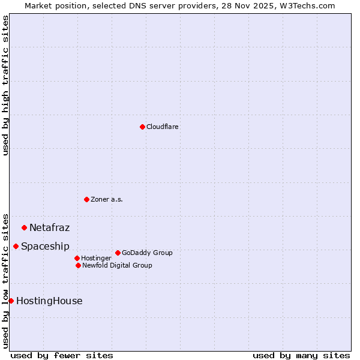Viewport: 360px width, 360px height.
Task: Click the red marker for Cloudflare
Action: click(142, 127)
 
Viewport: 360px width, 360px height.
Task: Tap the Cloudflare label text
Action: click(163, 127)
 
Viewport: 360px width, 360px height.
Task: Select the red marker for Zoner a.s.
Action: click(86, 199)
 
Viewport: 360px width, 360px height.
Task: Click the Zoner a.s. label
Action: click(107, 199)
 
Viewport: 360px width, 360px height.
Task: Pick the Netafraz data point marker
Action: click(24, 227)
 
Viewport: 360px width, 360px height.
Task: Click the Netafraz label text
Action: click(49, 228)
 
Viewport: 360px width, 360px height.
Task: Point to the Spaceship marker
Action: click(16, 246)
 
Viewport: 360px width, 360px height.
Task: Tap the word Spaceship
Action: click(45, 247)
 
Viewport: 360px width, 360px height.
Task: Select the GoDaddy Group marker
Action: click(118, 253)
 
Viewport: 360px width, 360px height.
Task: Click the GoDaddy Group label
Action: click(147, 253)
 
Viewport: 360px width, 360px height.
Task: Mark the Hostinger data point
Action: click(77, 258)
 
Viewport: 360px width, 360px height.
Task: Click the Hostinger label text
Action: click(96, 259)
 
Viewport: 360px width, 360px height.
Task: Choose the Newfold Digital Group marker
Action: click(78, 265)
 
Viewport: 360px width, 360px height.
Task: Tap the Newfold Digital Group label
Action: click(117, 265)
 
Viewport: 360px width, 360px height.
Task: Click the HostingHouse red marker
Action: click(11, 301)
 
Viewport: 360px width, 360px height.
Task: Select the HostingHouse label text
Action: click(49, 301)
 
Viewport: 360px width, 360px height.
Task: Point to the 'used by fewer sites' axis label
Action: click(62, 356)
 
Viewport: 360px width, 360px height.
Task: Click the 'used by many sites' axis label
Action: click(301, 356)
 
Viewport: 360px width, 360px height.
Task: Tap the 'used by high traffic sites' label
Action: click(5, 85)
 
